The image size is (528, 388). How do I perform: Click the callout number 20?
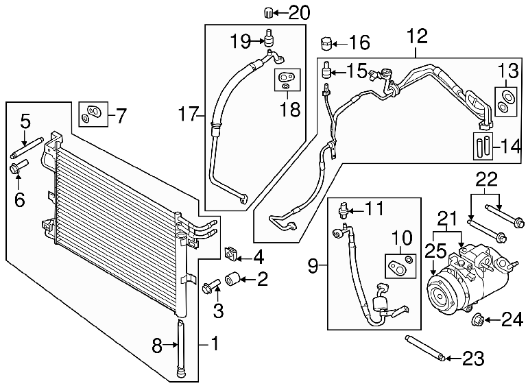[299, 13]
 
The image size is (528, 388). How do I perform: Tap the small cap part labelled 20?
[267, 13]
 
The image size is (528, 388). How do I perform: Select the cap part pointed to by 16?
[326, 43]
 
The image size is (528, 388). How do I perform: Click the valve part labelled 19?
[269, 38]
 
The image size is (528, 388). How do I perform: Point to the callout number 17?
[188, 114]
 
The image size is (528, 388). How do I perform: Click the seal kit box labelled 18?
[287, 80]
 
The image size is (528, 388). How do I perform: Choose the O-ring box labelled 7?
[93, 114]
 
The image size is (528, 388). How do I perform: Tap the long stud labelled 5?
[27, 147]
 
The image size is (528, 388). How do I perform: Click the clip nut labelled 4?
[229, 254]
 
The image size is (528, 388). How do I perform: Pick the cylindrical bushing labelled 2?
[232, 279]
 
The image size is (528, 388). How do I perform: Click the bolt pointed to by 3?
[211, 286]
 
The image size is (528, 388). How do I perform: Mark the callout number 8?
[157, 345]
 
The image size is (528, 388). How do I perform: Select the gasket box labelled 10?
[400, 266]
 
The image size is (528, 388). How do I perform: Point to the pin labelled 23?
[427, 348]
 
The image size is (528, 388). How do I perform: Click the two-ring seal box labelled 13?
[506, 101]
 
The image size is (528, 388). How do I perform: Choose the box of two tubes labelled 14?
[483, 146]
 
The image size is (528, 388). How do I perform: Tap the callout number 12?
[417, 36]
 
